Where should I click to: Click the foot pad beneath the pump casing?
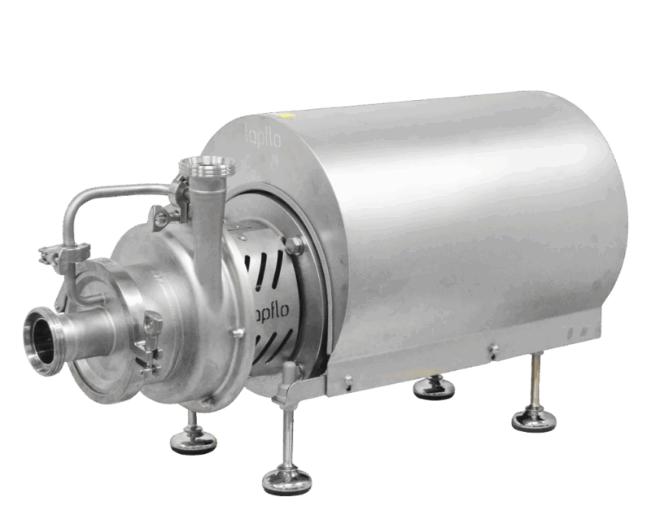click(192, 442)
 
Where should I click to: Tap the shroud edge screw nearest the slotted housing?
click(347, 379)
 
